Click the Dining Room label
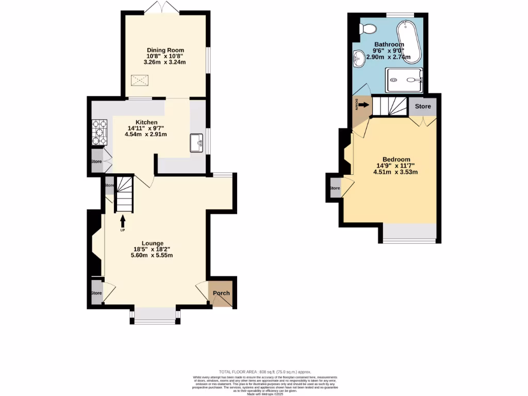pyautogui.click(x=164, y=50)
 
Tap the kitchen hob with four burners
pyautogui.click(x=99, y=133)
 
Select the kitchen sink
pyautogui.click(x=197, y=143)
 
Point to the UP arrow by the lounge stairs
pyautogui.click(x=123, y=220)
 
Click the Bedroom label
pyautogui.click(x=396, y=159)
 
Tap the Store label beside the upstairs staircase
pyautogui.click(x=423, y=107)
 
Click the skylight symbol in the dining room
pyautogui.click(x=139, y=80)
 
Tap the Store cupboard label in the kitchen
pyautogui.click(x=96, y=161)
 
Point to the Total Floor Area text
pyautogui.click(x=265, y=372)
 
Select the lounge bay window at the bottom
pyautogui.click(x=155, y=315)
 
